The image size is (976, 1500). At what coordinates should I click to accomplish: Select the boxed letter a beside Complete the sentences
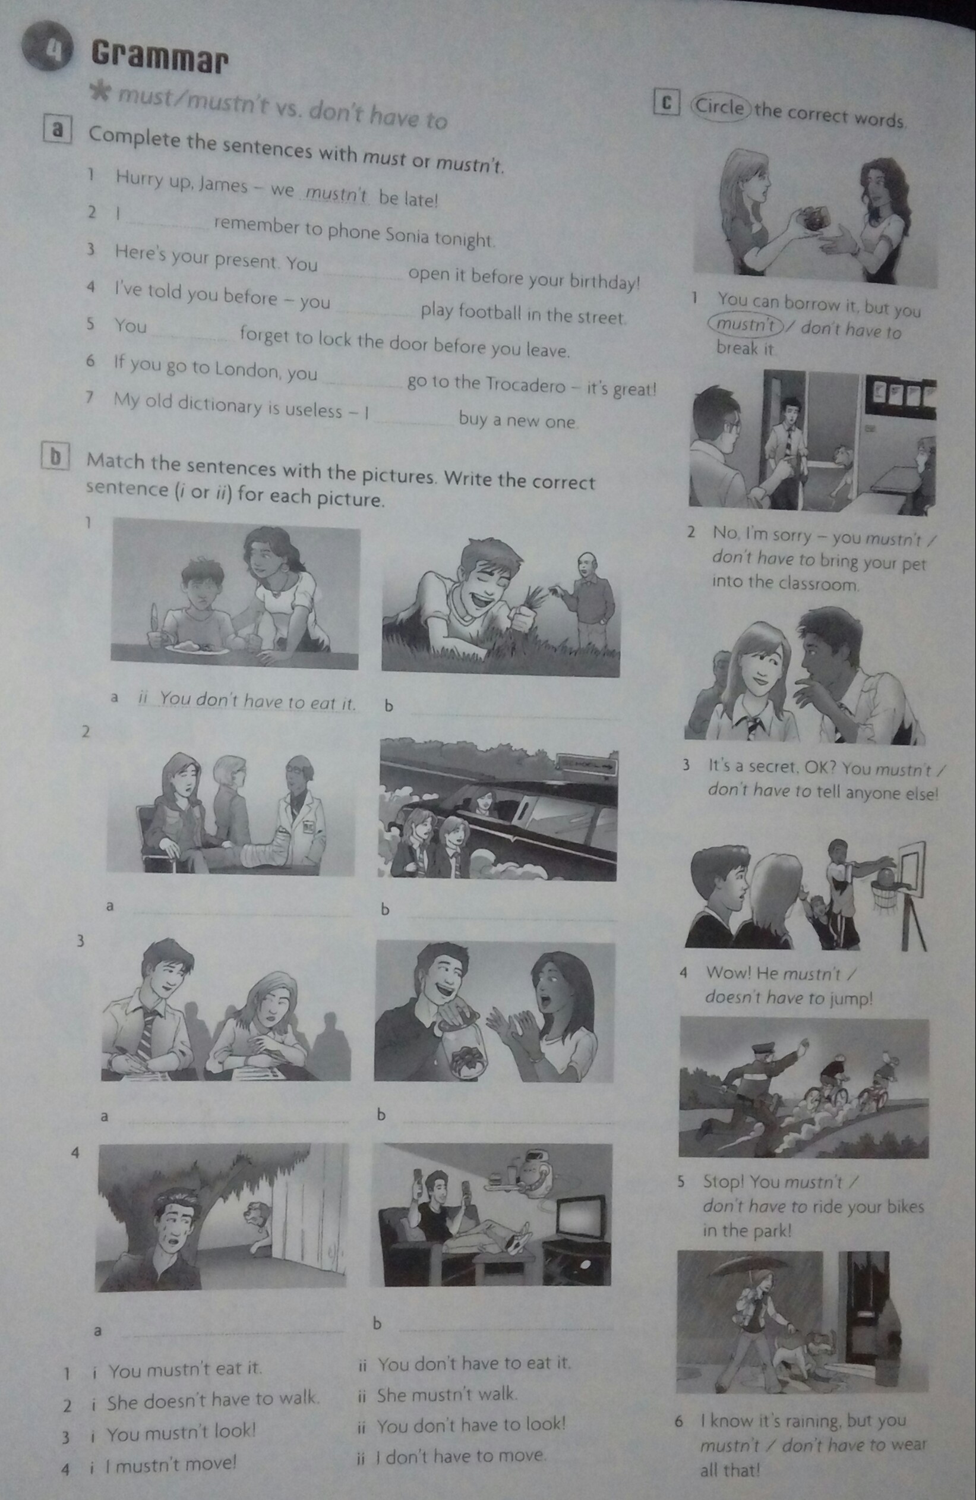coord(58,129)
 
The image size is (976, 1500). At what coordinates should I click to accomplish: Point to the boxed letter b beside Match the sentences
coord(55,456)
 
